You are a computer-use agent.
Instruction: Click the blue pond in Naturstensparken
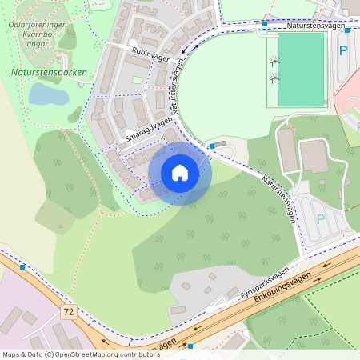pos(47,94)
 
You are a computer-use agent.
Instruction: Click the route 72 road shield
pos(70,310)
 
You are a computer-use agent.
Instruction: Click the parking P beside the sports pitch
pos(343,50)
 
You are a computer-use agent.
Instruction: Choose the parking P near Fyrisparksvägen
pos(321,218)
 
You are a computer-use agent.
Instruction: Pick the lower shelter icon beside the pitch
pos(274,78)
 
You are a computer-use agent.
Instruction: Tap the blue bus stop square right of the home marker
pos(211,146)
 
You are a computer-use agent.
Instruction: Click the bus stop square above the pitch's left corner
pos(264,24)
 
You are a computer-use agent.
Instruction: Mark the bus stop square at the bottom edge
pos(190,346)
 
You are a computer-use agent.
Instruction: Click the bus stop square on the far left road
pos(22,266)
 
